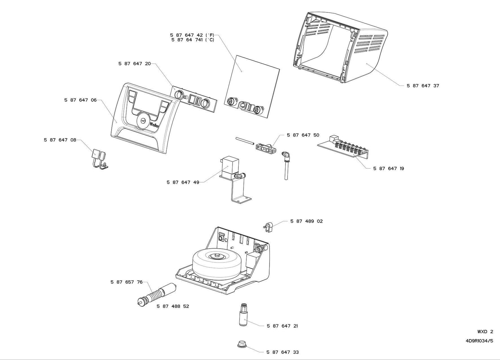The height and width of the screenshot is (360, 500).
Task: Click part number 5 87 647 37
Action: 422,86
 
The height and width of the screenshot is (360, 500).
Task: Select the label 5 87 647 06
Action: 80,100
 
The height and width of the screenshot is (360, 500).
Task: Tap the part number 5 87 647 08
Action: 60,140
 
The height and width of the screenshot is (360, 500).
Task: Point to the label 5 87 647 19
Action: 388,168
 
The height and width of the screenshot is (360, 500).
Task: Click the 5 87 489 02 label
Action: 306,221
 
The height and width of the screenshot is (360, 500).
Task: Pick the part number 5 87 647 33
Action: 282,352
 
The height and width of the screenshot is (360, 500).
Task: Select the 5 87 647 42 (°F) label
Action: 192,35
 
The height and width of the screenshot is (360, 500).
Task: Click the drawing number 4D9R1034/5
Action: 479,341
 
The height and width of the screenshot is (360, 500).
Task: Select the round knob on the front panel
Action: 142,121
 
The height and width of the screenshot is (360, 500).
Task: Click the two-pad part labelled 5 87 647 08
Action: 99,157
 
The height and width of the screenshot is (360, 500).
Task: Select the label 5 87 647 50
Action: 303,135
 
